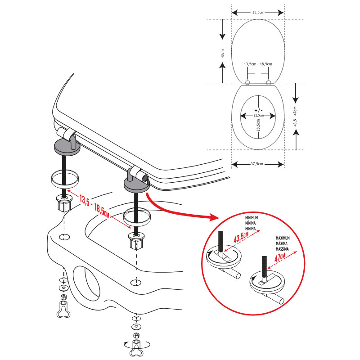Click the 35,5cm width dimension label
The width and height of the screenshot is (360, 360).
tap(258, 13)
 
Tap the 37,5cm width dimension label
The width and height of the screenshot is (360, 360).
tap(258, 164)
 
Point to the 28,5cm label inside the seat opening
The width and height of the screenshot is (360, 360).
tap(258, 125)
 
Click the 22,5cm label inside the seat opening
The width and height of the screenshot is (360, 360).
tap(258, 115)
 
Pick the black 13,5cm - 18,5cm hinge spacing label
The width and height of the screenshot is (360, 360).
tap(258, 64)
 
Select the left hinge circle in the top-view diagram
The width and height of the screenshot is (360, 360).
tap(247, 82)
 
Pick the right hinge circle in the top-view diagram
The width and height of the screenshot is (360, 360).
tap(269, 82)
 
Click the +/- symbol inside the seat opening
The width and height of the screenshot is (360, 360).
tap(258, 110)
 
